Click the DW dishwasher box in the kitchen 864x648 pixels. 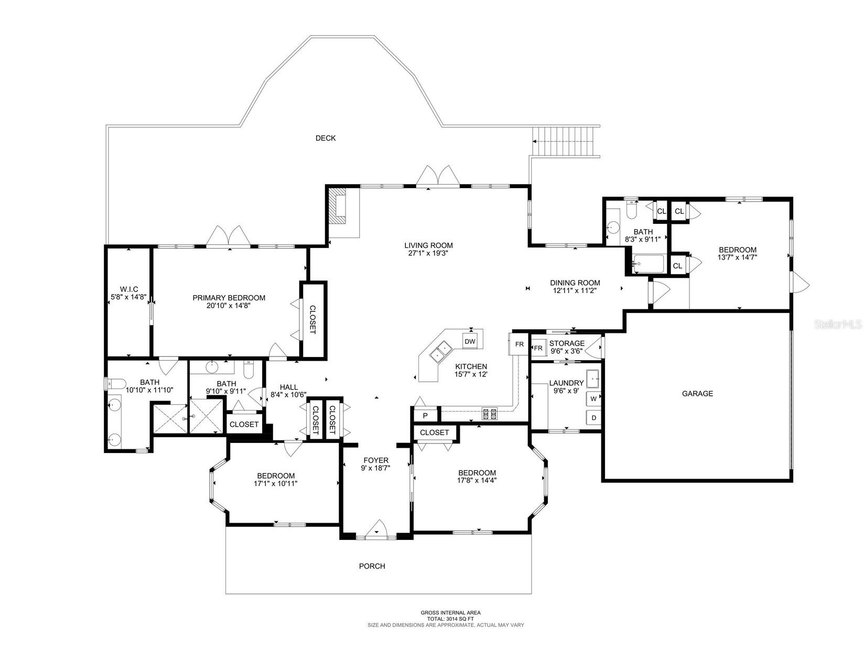[x=470, y=342]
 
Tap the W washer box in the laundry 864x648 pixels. [x=593, y=398]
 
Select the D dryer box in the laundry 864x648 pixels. [x=593, y=418]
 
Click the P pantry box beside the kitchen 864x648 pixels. [x=425, y=416]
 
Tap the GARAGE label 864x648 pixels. [x=697, y=393]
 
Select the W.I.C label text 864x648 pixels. [x=129, y=289]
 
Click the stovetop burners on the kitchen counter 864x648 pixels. [x=489, y=414]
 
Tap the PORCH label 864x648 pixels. [x=372, y=566]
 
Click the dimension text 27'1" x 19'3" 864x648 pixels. [x=428, y=253]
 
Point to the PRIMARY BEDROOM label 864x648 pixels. [x=229, y=298]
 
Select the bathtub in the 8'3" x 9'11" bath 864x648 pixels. [x=649, y=264]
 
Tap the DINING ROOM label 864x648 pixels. [x=575, y=283]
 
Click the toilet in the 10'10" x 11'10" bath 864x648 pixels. [x=116, y=383]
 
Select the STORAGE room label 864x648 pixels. [x=566, y=343]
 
